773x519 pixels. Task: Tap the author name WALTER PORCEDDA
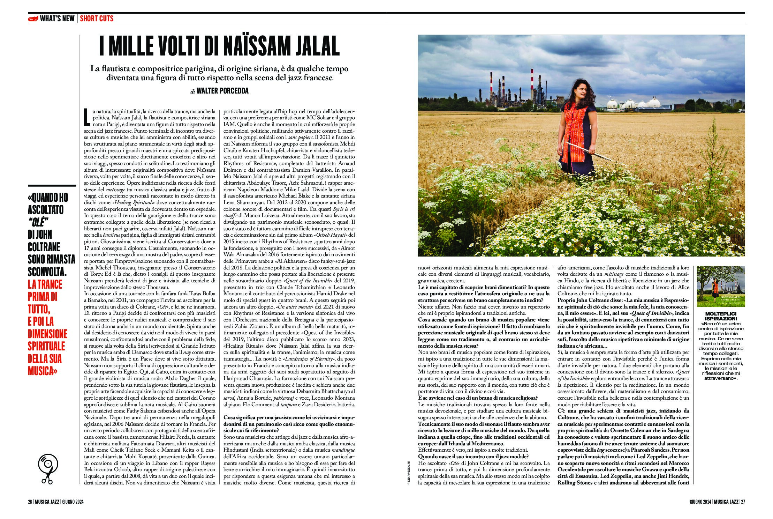click(x=222, y=91)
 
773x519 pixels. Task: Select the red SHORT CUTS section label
click(x=97, y=18)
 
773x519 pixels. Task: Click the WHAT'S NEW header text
click(x=57, y=18)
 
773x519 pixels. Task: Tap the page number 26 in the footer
click(x=30, y=502)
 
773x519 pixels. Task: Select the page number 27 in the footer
click(x=743, y=502)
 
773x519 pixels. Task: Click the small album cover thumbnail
click(x=721, y=286)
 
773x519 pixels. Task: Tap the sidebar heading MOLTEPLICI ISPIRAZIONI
click(x=721, y=316)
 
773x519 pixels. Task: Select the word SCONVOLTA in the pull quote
click(x=47, y=272)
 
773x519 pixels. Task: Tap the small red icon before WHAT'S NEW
click(x=33, y=18)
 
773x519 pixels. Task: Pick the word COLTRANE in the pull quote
click(x=44, y=247)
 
